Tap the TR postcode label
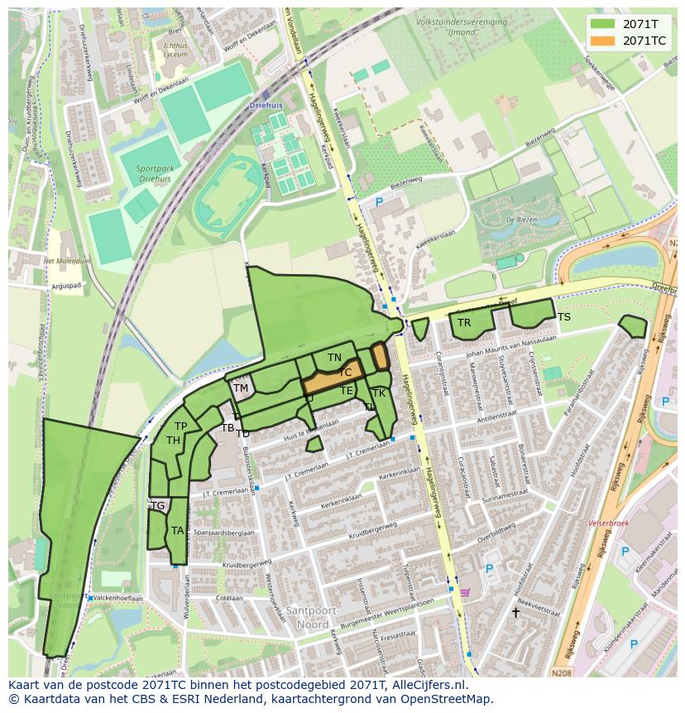[464, 323]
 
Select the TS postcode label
[563, 317]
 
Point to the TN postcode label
[334, 358]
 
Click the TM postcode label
[241, 388]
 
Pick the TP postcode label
[180, 426]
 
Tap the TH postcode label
[173, 441]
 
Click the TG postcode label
[157, 505]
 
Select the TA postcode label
[177, 531]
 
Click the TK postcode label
[379, 393]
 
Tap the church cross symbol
[515, 613]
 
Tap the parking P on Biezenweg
[380, 202]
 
